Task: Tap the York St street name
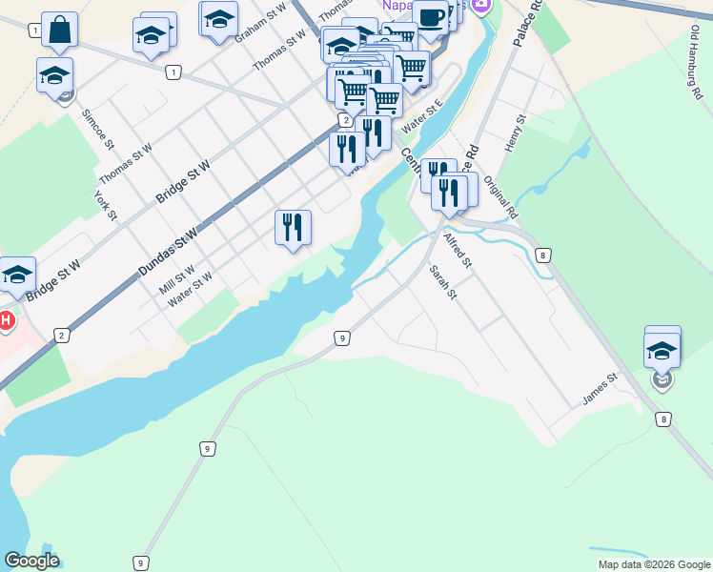[x=105, y=205]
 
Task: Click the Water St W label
[x=190, y=290]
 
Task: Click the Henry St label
[x=517, y=133]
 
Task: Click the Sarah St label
[x=443, y=282]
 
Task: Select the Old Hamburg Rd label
[x=695, y=58]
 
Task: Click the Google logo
[x=31, y=561]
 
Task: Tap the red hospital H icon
[x=7, y=320]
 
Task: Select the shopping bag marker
[x=59, y=31]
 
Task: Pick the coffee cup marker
[x=430, y=17]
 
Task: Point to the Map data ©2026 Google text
[x=653, y=564]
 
